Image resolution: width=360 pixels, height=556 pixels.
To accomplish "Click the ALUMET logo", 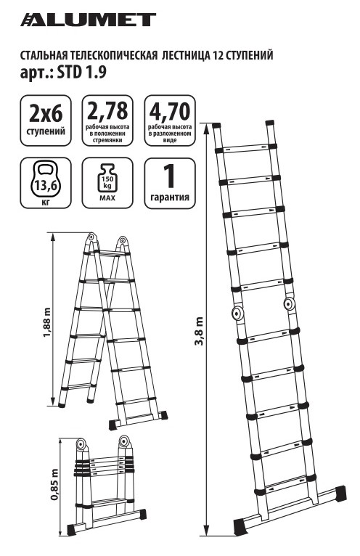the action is tap(88, 20).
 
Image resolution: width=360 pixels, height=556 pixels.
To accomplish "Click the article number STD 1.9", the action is tap(82, 73).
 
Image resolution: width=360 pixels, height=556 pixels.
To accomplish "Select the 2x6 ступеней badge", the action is tap(46, 120).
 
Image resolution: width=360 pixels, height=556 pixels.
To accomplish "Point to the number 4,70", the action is tap(170, 111).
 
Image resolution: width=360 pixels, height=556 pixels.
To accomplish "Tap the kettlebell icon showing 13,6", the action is tap(46, 180).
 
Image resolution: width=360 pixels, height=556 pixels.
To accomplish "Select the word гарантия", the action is tap(170, 197).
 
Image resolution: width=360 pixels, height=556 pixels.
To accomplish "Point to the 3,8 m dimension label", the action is tap(200, 330).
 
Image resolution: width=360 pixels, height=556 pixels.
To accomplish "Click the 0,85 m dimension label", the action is tap(54, 484).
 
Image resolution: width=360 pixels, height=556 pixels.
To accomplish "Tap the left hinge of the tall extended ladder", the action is tap(236, 313).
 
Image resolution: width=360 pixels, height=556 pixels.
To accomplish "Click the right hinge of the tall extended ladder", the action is tap(289, 303).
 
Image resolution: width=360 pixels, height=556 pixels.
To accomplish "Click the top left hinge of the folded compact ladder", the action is tap(81, 444).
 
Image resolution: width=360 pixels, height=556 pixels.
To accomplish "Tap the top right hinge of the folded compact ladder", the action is tap(124, 441).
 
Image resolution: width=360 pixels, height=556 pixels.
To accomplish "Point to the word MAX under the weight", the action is tap(107, 198).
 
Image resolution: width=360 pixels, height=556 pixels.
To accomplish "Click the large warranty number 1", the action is tap(170, 176).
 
